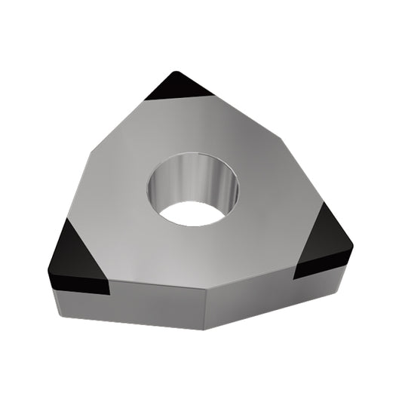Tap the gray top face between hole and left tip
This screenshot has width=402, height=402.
pos(128,226)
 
